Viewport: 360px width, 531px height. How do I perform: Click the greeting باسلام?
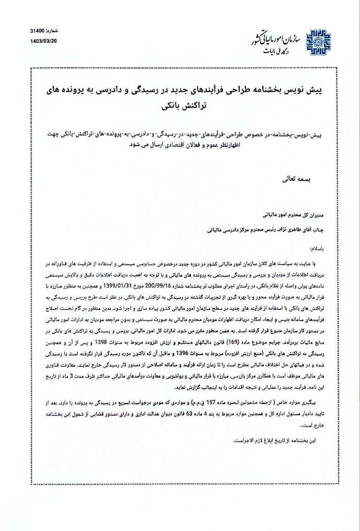[x=317, y=248]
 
